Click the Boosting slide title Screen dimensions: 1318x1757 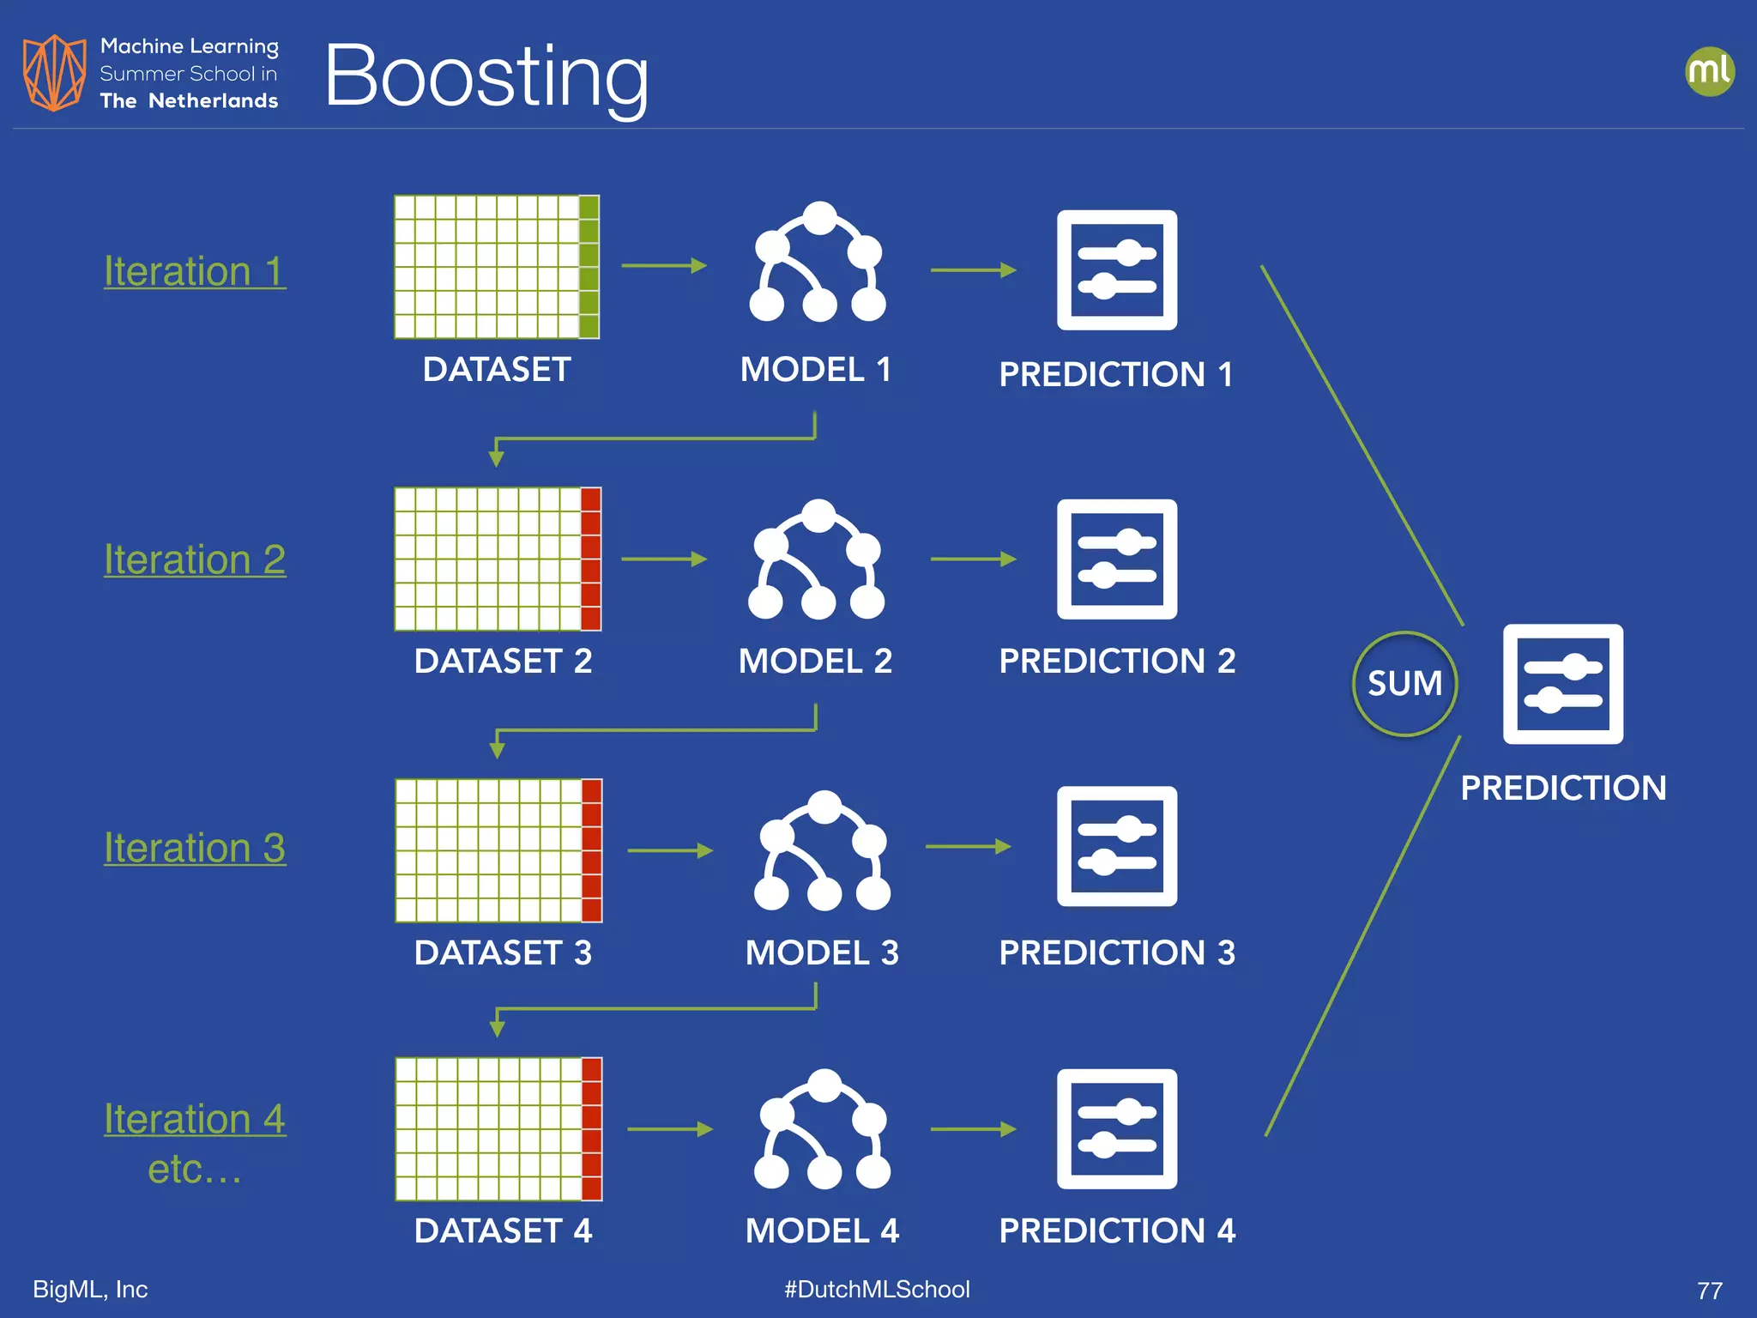[486, 77]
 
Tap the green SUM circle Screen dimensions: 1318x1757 [1404, 684]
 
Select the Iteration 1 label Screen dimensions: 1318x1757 [195, 271]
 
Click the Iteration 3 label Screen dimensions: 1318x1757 [195, 848]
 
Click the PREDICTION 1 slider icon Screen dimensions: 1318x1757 [1116, 269]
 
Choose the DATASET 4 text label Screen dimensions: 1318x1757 [503, 1230]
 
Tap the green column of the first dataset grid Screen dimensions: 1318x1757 [589, 267]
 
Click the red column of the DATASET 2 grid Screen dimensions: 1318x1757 [590, 559]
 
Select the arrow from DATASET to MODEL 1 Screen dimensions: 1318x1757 [664, 266]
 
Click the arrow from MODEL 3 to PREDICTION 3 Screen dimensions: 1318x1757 [969, 847]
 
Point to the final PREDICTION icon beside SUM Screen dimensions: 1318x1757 [1562, 684]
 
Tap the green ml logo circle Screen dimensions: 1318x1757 [1709, 71]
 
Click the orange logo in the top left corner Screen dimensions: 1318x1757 [54, 73]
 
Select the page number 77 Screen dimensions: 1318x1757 [1709, 1291]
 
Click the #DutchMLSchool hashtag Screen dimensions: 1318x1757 [877, 1289]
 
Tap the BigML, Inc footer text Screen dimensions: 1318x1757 [90, 1289]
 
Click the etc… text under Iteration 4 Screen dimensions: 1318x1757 [195, 1169]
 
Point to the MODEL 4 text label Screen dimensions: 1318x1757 [822, 1230]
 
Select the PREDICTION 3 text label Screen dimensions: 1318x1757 [1117, 952]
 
